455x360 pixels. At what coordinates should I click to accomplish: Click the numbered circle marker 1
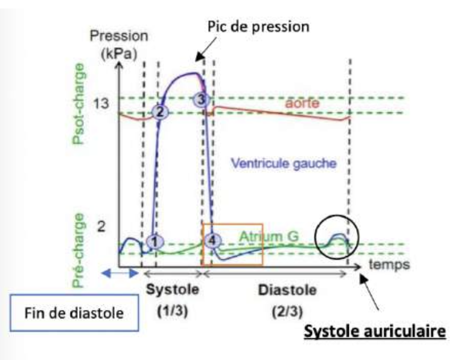(x=155, y=242)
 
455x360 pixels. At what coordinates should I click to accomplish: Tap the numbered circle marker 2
(x=160, y=112)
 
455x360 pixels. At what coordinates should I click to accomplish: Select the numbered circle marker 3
(x=201, y=98)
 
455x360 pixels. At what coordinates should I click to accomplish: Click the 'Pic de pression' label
(x=258, y=27)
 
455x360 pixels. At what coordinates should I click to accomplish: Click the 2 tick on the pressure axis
(x=102, y=227)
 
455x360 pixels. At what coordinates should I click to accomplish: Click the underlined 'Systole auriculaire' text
(x=374, y=331)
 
